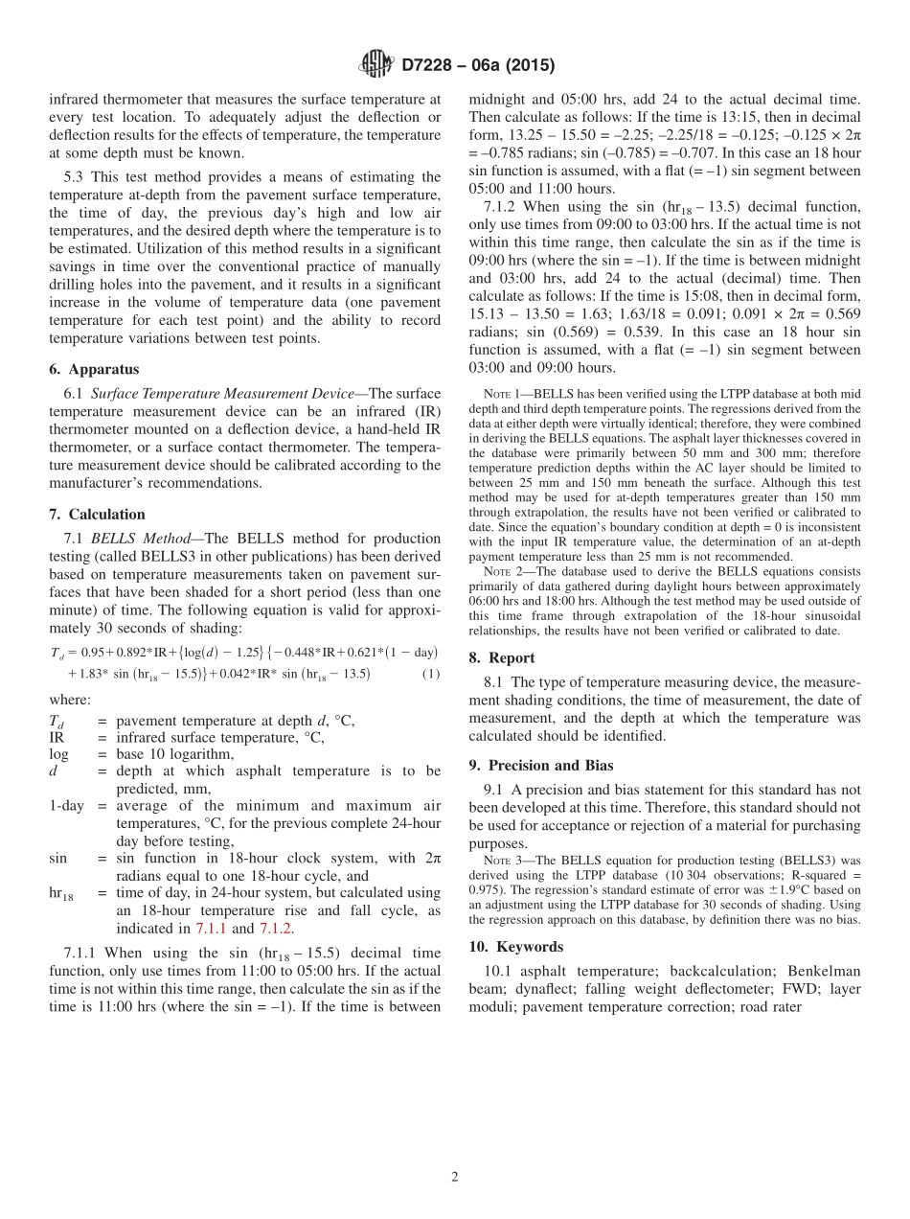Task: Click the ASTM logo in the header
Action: coord(375,65)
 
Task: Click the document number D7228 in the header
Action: coord(428,66)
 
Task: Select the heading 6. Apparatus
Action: coord(93,369)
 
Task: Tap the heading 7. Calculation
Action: coord(97,515)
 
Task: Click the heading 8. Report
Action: coord(502,657)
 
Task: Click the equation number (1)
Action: coord(431,673)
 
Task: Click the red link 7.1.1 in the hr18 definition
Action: coord(210,928)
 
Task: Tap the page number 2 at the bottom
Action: coord(455,1177)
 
